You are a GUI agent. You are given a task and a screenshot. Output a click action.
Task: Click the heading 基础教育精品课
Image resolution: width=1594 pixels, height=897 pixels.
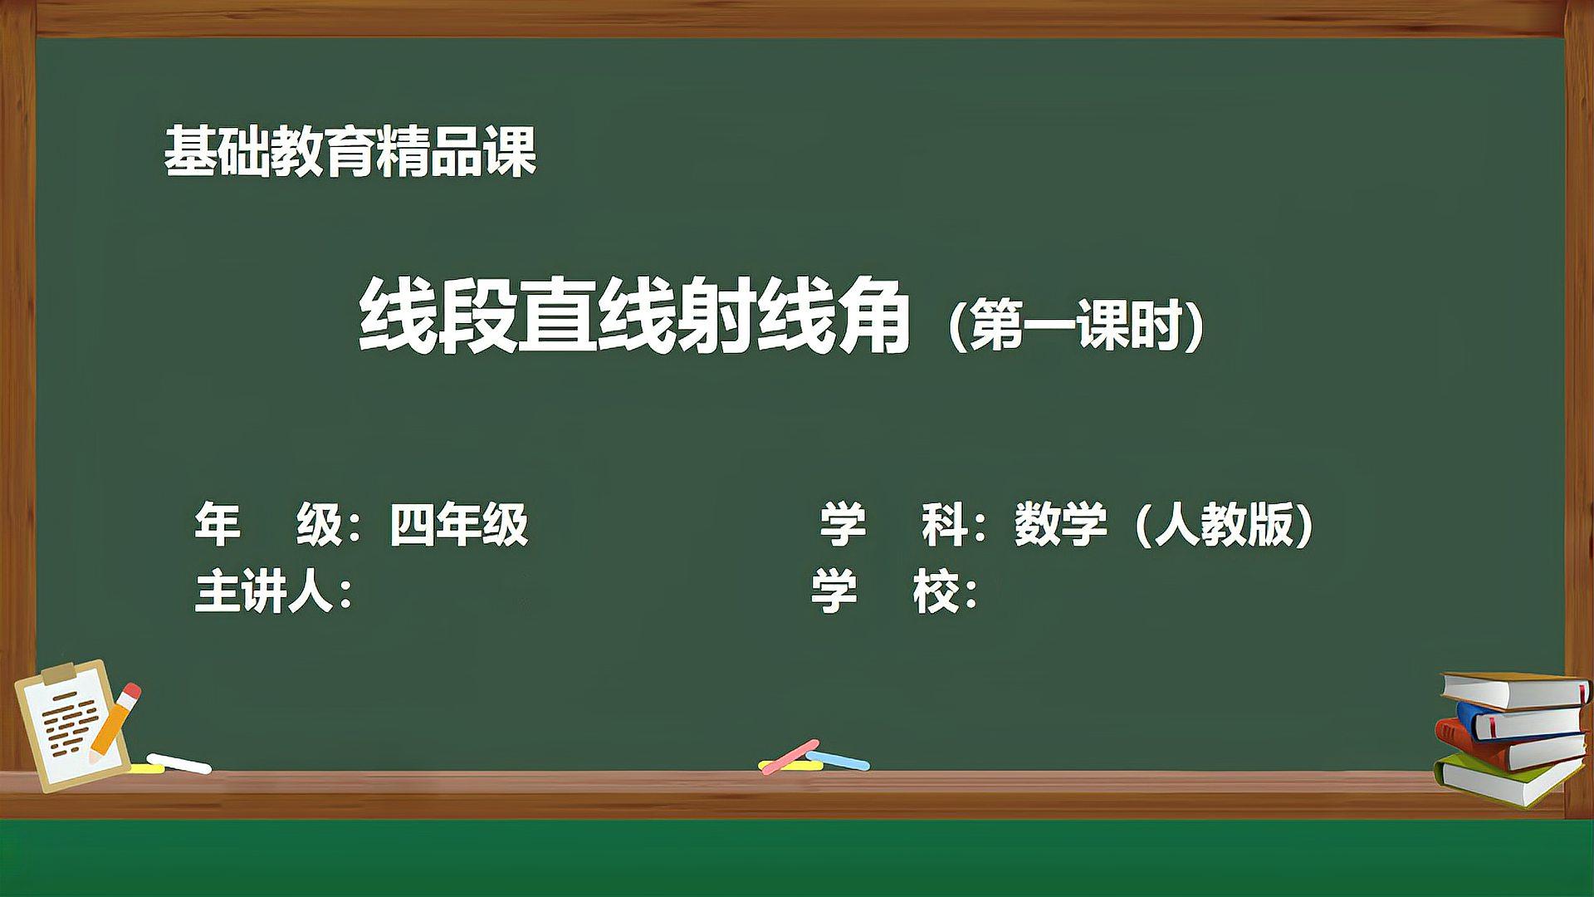pos(350,152)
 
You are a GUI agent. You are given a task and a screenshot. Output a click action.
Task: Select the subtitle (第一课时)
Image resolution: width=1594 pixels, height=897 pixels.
pos(1076,325)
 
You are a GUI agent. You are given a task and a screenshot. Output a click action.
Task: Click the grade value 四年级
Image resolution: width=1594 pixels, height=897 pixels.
pos(458,525)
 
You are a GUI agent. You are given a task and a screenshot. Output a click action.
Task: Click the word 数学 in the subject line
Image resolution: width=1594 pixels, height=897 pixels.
pos(1060,525)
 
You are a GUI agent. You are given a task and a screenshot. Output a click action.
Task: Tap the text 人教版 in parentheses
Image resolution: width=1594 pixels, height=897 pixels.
pos(1224,525)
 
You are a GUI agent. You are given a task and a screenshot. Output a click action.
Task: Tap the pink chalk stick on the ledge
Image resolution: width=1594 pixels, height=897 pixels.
pos(789,756)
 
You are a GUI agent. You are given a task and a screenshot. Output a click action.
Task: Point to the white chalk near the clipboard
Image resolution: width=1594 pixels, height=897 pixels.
pos(178,763)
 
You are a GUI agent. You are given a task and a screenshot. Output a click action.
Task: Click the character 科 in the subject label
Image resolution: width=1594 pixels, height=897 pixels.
pos(944,525)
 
